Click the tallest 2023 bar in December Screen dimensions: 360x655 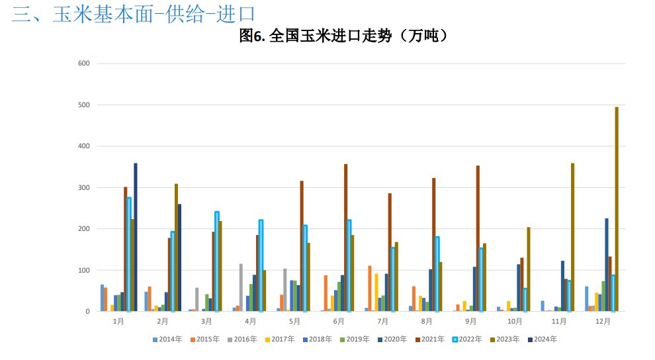coord(617,209)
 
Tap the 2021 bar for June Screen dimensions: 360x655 coord(346,238)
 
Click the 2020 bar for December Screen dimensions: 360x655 coord(607,265)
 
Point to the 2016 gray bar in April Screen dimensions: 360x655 coord(241,287)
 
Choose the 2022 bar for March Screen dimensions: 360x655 coord(217,261)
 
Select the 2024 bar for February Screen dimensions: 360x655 coord(179,257)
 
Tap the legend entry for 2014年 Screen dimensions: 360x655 coord(168,339)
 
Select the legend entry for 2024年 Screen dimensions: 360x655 coord(541,339)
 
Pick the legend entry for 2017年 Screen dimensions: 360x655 coord(280,339)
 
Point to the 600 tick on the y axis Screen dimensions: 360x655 coord(83,64)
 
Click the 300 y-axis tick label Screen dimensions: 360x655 coord(83,187)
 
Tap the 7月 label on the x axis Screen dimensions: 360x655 coord(382,321)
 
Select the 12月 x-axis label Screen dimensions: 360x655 coord(603,321)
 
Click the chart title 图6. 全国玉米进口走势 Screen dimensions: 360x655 coord(343,36)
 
